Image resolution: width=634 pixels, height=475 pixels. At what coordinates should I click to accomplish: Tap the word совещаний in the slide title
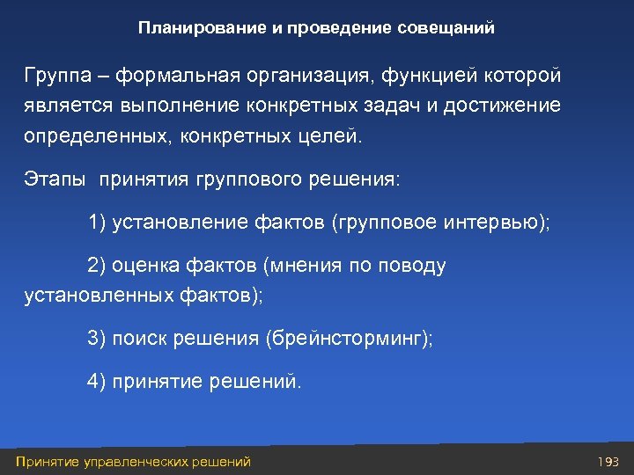coord(449,28)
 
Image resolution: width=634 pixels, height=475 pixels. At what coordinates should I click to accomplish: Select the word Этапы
coord(55,179)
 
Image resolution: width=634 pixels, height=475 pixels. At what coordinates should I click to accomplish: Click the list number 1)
coord(97,221)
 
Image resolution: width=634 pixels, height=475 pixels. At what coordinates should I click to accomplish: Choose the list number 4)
coord(97,381)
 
